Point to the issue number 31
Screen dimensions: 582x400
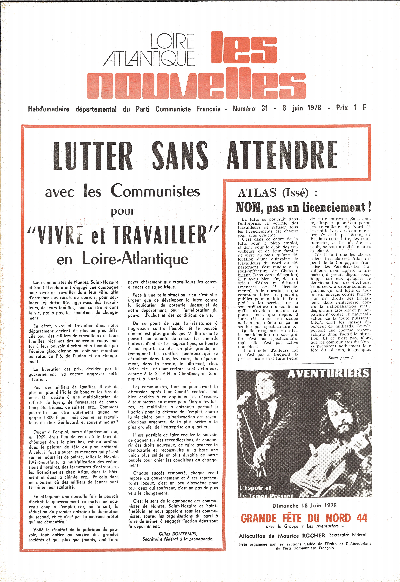coord(264,108)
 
